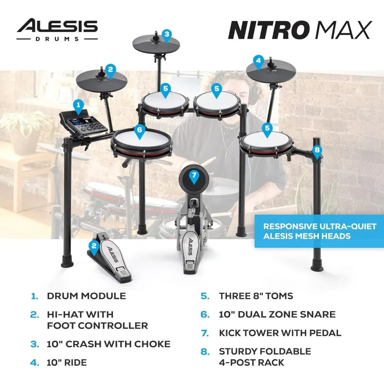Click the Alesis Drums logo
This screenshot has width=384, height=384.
(x=57, y=29)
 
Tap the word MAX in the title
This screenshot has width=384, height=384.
(x=344, y=30)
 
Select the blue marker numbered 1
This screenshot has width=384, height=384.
(x=78, y=105)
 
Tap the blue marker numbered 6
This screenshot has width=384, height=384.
(x=139, y=131)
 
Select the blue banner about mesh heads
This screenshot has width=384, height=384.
(x=319, y=231)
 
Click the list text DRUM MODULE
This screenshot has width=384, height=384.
(x=86, y=296)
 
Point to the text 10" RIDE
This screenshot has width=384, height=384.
(x=66, y=362)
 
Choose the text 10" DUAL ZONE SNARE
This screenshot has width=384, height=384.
(x=277, y=314)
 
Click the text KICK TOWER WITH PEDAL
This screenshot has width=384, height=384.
(x=280, y=333)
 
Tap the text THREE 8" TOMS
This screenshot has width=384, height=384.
(x=256, y=296)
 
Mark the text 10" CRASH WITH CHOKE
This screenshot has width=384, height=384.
(x=109, y=344)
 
